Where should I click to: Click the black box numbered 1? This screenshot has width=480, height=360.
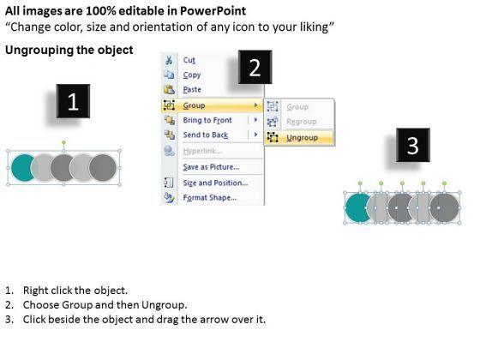coord(73,101)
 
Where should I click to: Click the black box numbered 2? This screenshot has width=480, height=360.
coord(255,67)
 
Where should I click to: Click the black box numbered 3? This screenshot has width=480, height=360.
coord(413,145)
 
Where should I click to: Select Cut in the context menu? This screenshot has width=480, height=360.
coord(189,60)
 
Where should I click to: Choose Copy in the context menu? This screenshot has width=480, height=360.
coord(192,75)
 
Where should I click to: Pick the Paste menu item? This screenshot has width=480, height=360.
coord(192,90)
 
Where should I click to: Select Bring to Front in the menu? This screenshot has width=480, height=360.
coord(207,120)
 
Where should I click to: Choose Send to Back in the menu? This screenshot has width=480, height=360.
coord(206,135)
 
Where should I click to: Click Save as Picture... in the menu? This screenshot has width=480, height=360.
coord(211,167)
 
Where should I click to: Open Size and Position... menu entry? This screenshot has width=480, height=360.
coord(215,183)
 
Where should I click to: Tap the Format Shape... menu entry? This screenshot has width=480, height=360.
coord(210,198)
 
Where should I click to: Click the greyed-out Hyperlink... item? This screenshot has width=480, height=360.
coord(202,151)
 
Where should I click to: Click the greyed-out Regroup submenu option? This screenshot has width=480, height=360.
coord(301,122)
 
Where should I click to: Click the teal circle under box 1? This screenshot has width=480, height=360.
coord(22,168)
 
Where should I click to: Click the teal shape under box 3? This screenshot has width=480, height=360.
coord(357,207)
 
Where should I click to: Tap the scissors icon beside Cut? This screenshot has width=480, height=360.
coord(169,60)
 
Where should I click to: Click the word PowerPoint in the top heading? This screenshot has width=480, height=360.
coord(213,11)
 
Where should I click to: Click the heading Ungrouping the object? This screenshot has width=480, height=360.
coord(69,50)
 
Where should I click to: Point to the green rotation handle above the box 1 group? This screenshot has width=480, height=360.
coord(63,142)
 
